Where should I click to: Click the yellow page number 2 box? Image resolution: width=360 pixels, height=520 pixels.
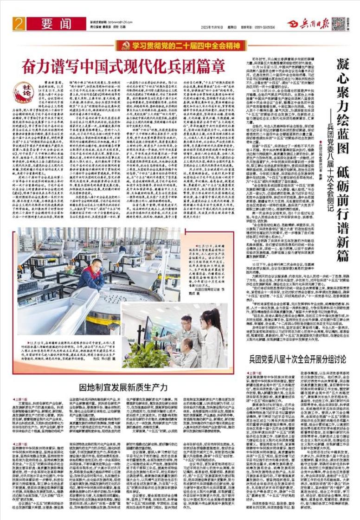19,24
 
